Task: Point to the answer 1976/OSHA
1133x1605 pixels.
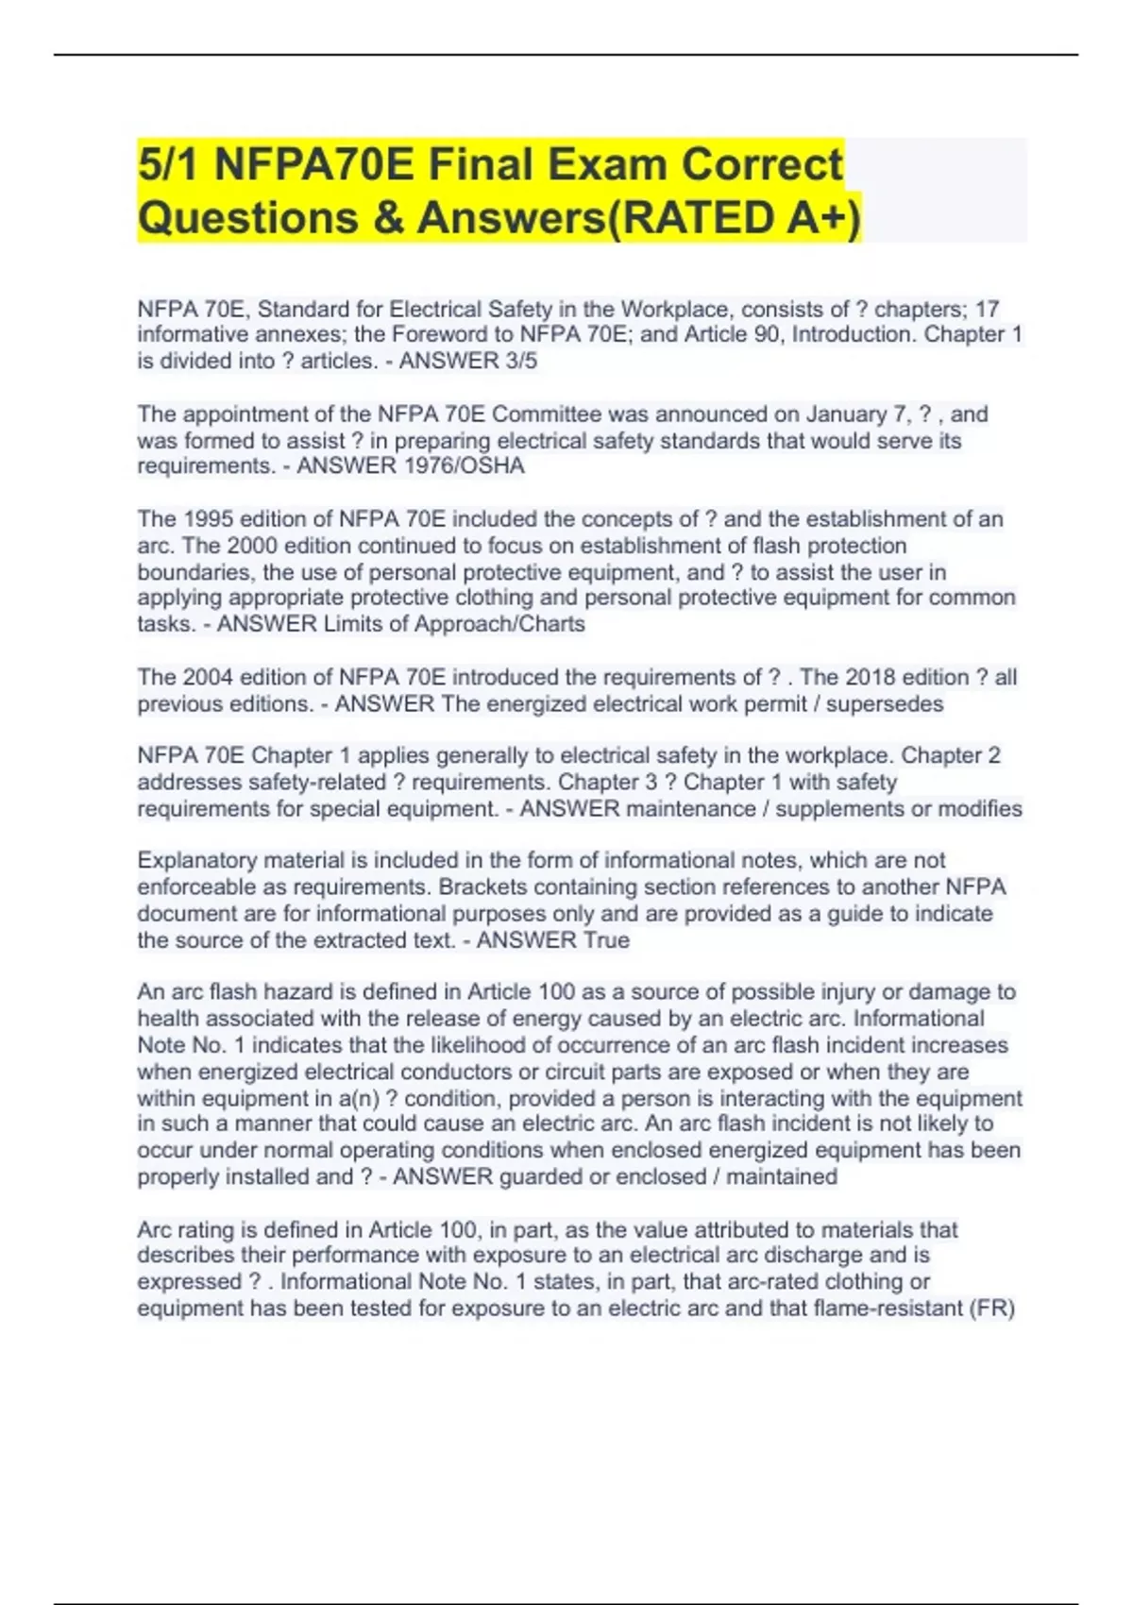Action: (x=464, y=465)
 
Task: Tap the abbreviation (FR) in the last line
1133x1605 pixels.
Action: (x=991, y=1309)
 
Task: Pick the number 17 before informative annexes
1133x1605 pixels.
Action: (x=987, y=309)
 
